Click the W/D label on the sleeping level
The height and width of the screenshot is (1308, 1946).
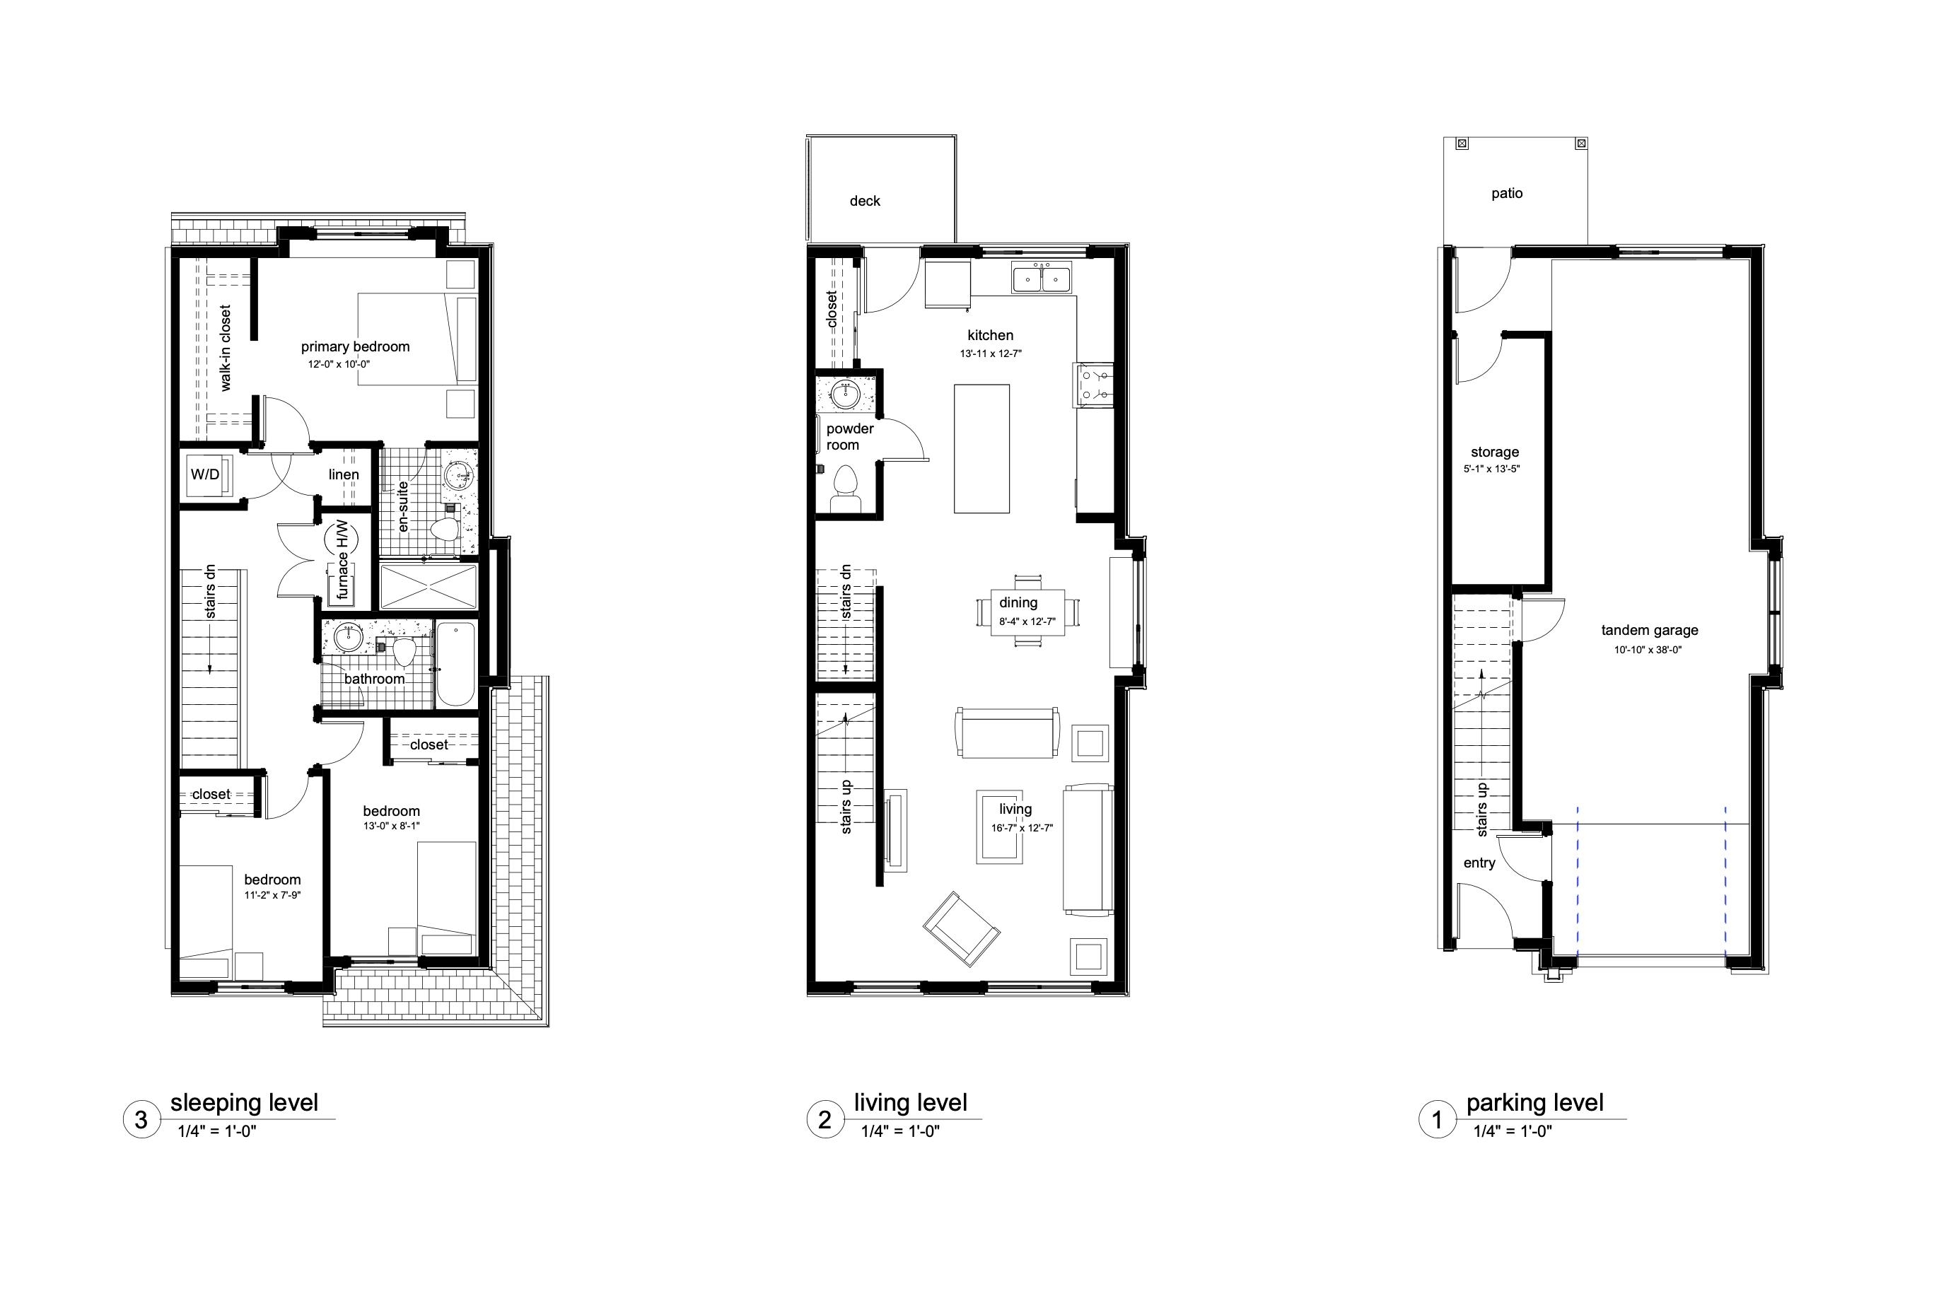[x=205, y=474]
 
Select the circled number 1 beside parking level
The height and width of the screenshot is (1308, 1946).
[x=1437, y=1119]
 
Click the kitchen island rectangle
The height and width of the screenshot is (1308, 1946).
[x=981, y=449]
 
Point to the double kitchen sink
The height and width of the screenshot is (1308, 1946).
[x=1042, y=278]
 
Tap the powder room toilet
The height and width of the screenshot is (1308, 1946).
[x=846, y=490]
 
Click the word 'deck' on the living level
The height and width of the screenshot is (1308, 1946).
[x=865, y=201]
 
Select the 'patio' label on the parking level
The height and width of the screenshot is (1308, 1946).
[x=1508, y=194]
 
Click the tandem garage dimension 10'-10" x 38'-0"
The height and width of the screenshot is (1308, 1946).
[x=1648, y=650]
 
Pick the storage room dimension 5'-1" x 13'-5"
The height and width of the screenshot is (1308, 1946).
[x=1491, y=469]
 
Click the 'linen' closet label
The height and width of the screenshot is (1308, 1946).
[x=344, y=474]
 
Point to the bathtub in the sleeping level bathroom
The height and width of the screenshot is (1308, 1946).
[x=456, y=665]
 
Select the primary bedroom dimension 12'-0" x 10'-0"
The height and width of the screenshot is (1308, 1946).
[x=339, y=363]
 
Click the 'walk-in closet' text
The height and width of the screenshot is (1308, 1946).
[x=225, y=348]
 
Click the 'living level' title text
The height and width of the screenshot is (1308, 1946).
[x=910, y=1103]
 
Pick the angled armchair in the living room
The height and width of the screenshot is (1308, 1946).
[x=962, y=929]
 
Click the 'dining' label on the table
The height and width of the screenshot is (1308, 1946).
[x=1018, y=602]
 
